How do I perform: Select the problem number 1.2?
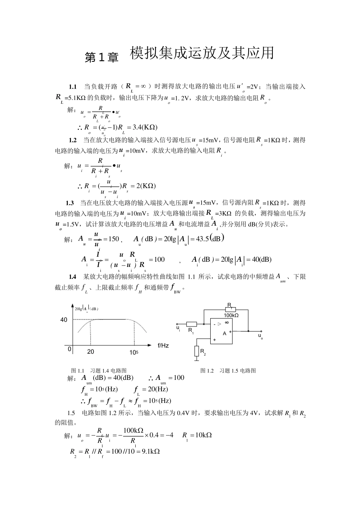72,141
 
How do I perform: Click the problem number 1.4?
72,277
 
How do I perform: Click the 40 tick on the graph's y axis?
64,320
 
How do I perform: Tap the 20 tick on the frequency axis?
91,352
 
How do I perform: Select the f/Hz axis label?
163,345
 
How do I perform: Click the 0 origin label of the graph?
70,349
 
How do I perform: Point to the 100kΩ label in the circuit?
231,315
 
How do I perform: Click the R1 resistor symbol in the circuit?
191,324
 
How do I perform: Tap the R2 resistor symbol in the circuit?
197,351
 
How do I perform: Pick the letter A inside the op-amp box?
224,334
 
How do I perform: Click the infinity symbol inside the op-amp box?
227,322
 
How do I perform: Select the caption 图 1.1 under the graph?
77,370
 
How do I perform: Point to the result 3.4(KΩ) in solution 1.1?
145,127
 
